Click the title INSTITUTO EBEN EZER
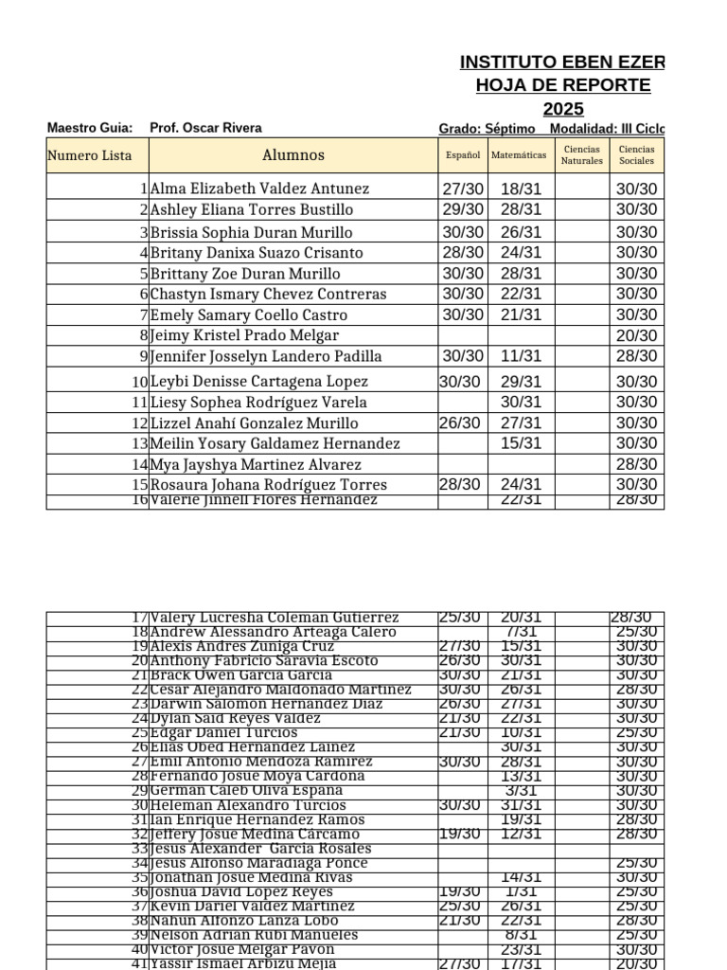pos(562,63)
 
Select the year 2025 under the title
pos(563,109)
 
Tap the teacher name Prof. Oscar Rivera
pos(205,128)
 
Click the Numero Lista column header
pos(90,155)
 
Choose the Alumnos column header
pos(293,155)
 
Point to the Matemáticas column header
pos(519,155)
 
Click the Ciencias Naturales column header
pos(581,155)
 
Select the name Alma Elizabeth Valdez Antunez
pos(260,189)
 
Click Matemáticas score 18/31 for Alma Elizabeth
pos(521,189)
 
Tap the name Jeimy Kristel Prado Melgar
pos(244,335)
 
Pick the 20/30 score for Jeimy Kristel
pos(636,335)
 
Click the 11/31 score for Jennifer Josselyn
pos(521,356)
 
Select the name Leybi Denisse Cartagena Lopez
pos(260,381)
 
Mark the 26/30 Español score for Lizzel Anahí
pos(461,423)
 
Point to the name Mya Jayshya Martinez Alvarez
pos(256,464)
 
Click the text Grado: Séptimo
pos(487,129)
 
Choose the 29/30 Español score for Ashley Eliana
pos(463,209)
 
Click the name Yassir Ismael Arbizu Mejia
pos(243,964)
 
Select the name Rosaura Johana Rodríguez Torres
pos(269,485)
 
